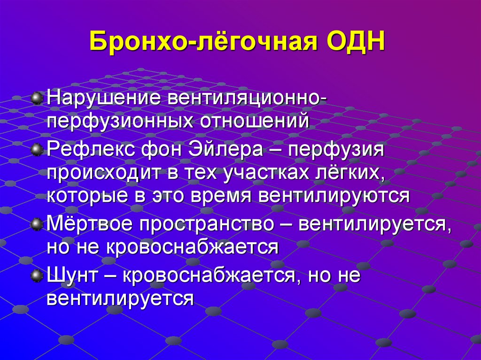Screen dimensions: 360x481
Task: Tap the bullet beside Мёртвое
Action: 37,224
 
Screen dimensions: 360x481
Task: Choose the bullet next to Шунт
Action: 37,276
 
